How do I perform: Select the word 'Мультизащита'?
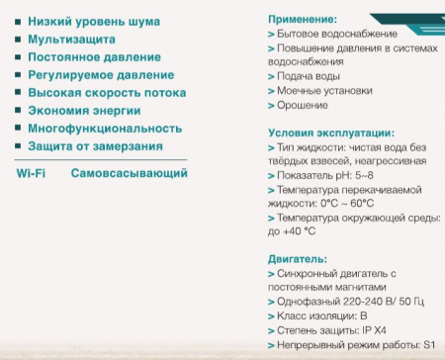coord(71,40)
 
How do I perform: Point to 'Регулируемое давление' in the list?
coord(101,75)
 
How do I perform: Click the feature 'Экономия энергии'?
coord(84,111)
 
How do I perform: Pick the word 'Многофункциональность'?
coord(105,129)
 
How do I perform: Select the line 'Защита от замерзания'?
coord(95,146)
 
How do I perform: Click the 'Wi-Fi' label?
coord(32,174)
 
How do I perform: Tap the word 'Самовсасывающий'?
coord(129,174)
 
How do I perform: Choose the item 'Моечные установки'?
coord(323,90)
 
